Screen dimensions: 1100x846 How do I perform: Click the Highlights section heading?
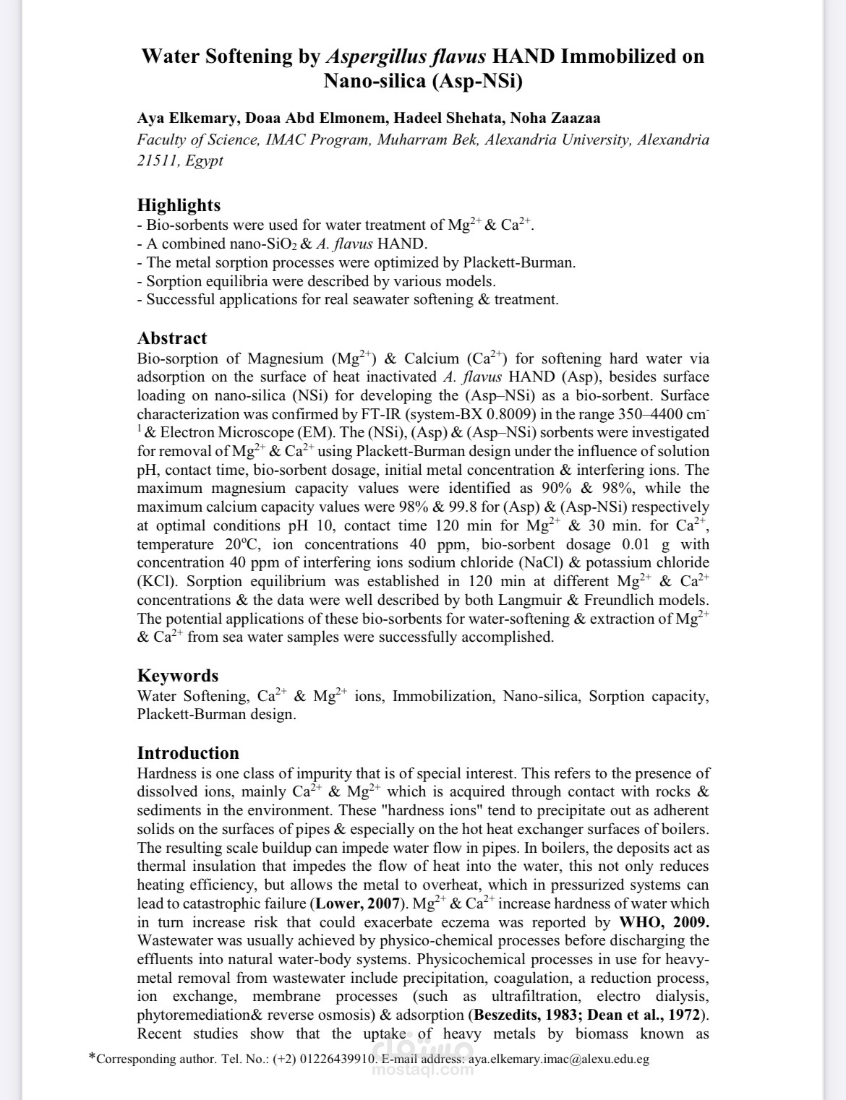coord(179,205)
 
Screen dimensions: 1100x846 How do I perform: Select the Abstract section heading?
coord(172,338)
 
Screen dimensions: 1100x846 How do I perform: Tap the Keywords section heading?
coord(178,676)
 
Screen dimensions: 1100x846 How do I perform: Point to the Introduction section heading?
coord(188,753)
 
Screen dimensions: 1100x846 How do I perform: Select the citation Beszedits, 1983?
coord(525,1015)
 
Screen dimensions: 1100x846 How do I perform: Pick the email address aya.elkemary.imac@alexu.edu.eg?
coord(559,1060)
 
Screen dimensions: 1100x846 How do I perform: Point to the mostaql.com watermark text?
coord(423,1070)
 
